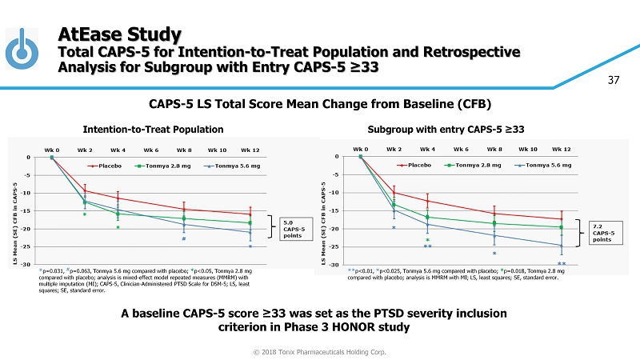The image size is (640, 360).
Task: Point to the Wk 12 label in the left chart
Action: pos(250,150)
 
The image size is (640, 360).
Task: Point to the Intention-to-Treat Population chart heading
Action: pos(153,129)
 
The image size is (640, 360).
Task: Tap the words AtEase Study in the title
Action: pos(120,34)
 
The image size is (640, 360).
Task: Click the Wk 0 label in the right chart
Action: pos(361,149)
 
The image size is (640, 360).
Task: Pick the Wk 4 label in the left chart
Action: pos(118,150)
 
